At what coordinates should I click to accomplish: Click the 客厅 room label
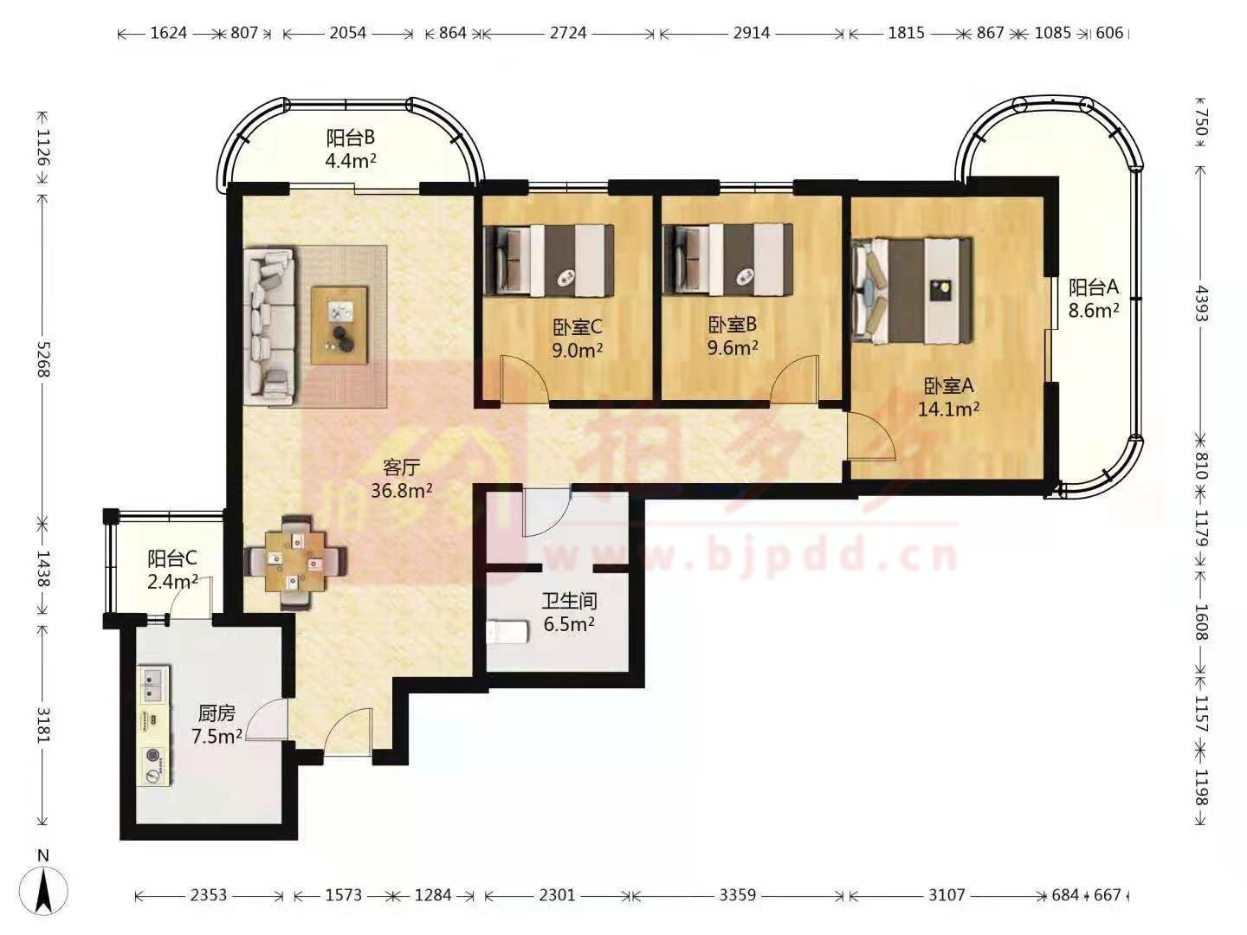[401, 467]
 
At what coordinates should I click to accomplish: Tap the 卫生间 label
[569, 601]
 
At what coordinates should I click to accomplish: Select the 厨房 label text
[216, 713]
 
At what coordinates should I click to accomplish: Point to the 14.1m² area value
[948, 409]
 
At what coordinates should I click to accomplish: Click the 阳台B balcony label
[350, 138]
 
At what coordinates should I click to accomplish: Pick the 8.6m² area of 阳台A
[1094, 310]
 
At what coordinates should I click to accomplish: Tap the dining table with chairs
[295, 562]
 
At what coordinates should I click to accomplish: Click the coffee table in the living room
[339, 325]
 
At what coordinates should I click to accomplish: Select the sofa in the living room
[270, 326]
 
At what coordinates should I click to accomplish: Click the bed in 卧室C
[549, 261]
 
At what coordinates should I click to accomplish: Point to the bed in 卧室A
[911, 291]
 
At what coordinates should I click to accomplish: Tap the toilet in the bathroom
[507, 632]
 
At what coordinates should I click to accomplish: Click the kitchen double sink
[154, 684]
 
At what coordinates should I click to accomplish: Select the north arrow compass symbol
[43, 890]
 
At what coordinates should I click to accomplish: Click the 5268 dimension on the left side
[43, 359]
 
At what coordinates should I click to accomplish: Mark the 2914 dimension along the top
[751, 33]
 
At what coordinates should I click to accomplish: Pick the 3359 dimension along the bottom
[738, 894]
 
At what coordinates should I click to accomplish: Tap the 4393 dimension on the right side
[1199, 303]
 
